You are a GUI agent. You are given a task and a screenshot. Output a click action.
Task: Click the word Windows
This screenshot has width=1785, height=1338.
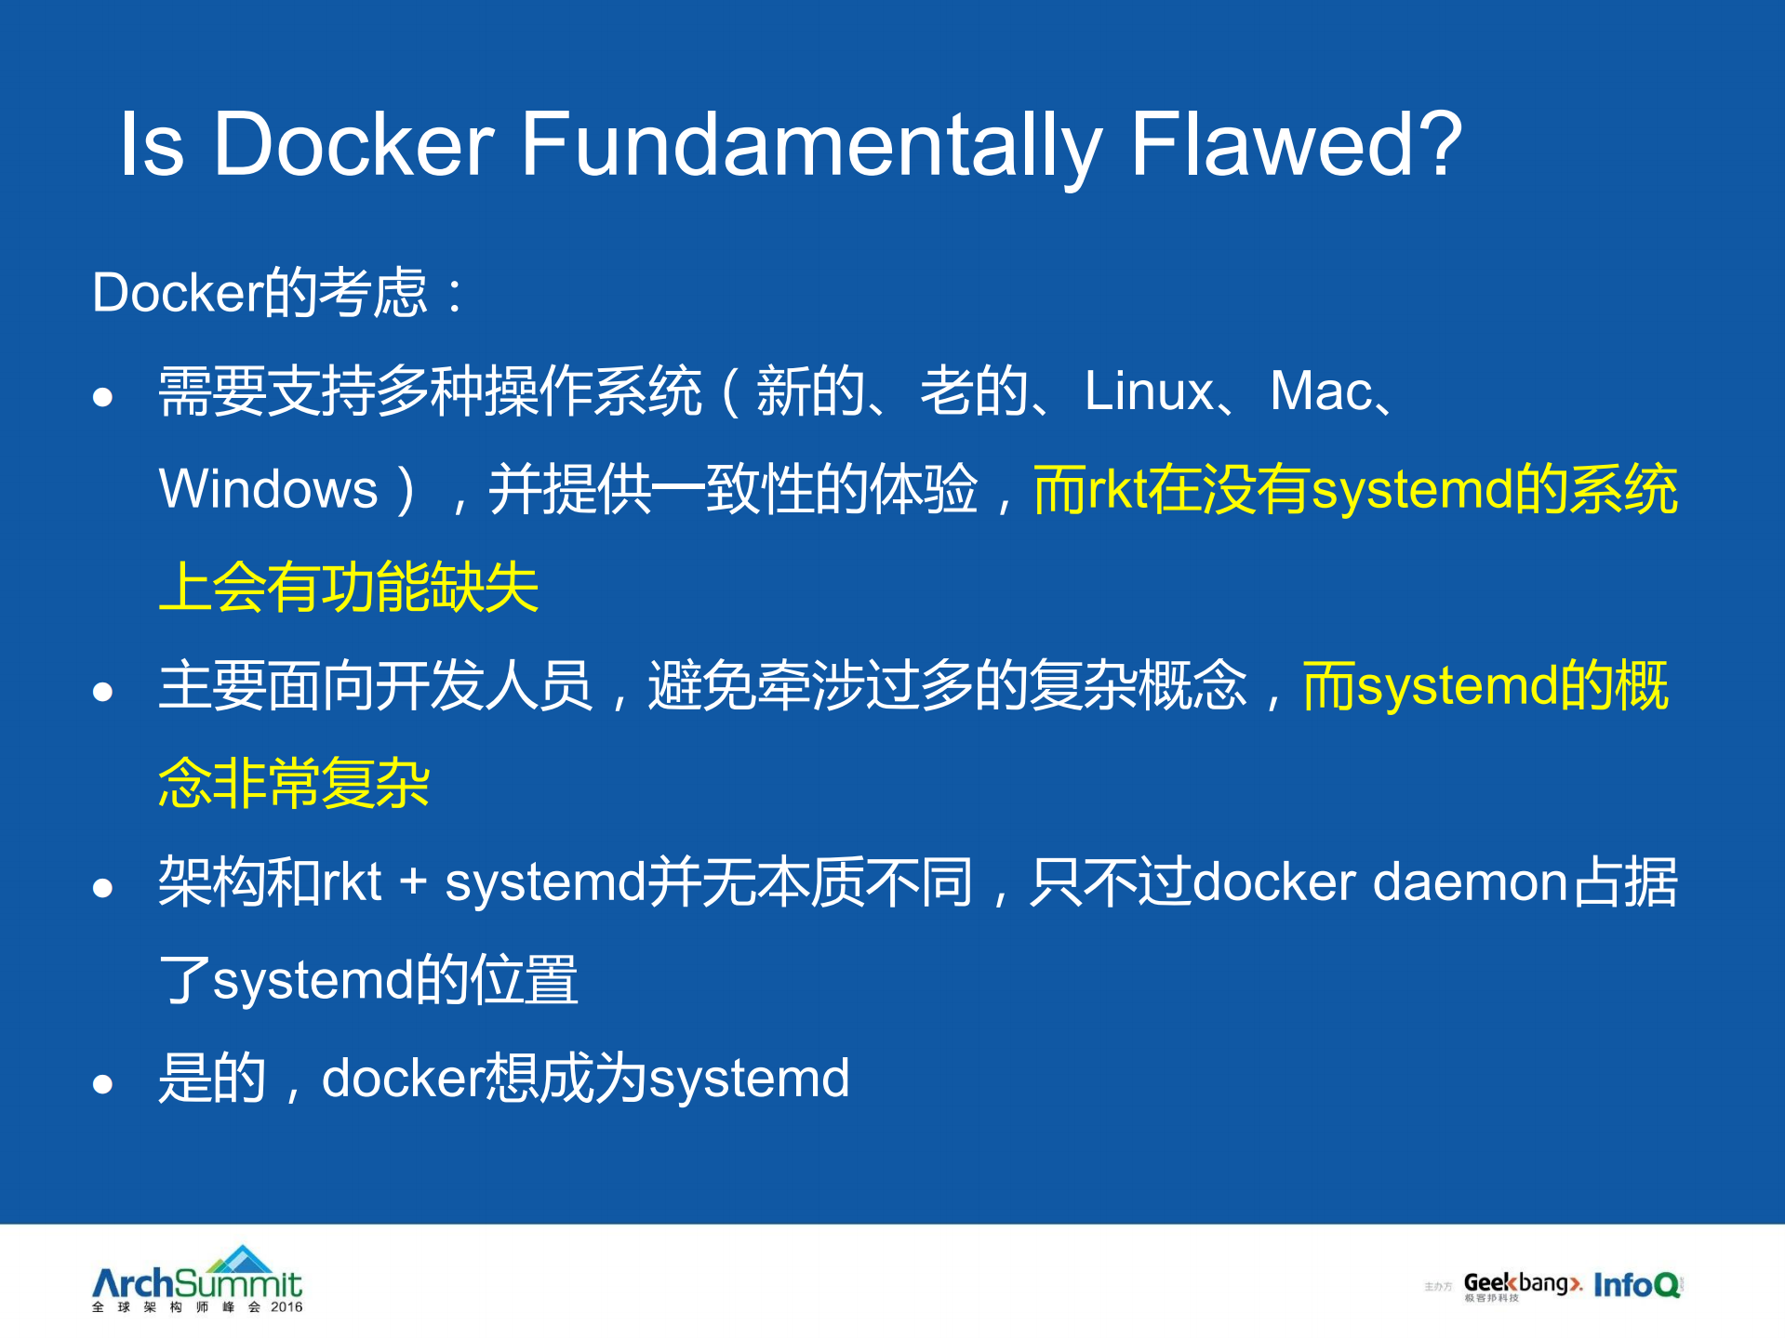click(x=268, y=489)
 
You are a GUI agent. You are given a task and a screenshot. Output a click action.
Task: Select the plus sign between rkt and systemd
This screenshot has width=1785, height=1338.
click(x=412, y=882)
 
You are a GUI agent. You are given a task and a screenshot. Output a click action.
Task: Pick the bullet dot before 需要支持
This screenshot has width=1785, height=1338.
click(x=102, y=397)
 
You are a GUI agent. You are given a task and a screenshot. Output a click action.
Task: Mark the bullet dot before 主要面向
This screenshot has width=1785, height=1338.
click(x=102, y=692)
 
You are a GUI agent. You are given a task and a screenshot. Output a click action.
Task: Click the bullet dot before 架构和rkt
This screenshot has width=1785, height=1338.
click(x=102, y=888)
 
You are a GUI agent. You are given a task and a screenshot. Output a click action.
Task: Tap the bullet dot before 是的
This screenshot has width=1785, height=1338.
click(x=102, y=1084)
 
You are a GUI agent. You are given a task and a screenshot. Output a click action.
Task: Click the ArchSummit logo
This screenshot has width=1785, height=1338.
click(x=197, y=1279)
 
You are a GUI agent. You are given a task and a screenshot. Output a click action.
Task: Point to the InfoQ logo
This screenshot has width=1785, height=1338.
click(x=1637, y=1285)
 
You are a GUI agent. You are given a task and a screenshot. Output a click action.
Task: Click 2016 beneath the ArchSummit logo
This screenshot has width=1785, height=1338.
click(x=286, y=1307)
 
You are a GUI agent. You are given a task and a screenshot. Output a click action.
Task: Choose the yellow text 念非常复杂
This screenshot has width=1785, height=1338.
click(x=294, y=784)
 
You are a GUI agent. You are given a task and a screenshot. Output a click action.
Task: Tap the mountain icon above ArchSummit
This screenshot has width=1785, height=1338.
click(x=241, y=1259)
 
